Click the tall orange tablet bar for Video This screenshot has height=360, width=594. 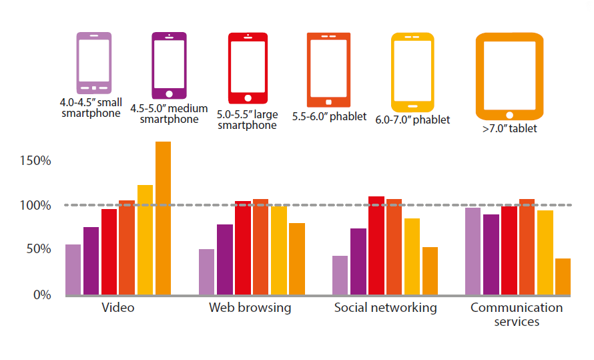163,218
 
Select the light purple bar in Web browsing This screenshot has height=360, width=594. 206,272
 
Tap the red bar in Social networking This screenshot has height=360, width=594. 376,245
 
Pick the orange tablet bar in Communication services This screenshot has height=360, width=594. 563,277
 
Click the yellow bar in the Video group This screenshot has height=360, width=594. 145,240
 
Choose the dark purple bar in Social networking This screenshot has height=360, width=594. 358,261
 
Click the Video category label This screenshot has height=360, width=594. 118,308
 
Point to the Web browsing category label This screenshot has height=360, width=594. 250,308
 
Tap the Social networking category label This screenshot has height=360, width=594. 385,308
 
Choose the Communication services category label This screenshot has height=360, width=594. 517,314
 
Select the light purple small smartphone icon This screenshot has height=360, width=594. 93,63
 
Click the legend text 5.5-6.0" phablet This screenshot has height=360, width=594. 329,116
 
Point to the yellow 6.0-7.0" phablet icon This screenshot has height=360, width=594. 412,72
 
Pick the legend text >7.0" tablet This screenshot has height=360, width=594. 509,128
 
